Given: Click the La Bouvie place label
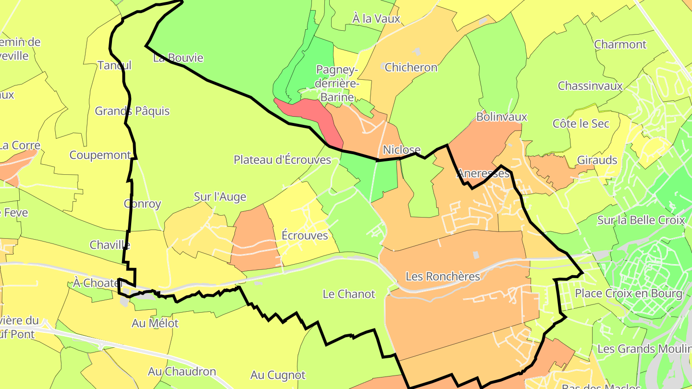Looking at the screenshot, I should tap(178, 58).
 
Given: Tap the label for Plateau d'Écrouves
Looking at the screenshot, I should tap(282, 160).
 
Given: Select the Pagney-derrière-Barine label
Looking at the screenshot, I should tap(337, 84).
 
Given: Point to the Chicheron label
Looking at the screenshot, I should tap(411, 68).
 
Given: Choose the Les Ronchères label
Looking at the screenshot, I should tap(443, 277).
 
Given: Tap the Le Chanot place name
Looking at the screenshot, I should tap(348, 294).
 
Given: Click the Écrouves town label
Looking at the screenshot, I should tap(305, 235).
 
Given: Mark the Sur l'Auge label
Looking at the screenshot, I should tap(220, 196).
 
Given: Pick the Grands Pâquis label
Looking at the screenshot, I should tap(132, 111).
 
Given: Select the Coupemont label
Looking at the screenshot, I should tap(100, 155).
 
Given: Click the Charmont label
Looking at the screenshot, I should tap(620, 45).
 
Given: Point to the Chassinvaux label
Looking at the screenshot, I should tap(590, 86).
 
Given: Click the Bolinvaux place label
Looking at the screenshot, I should tap(501, 117).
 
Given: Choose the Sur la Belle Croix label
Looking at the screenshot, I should tap(641, 220).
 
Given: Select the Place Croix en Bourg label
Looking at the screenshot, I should tap(629, 293).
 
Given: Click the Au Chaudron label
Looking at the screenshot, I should tap(182, 372).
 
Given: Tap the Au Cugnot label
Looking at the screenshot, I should tap(278, 375).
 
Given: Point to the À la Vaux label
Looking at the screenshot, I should tap(376, 19).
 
